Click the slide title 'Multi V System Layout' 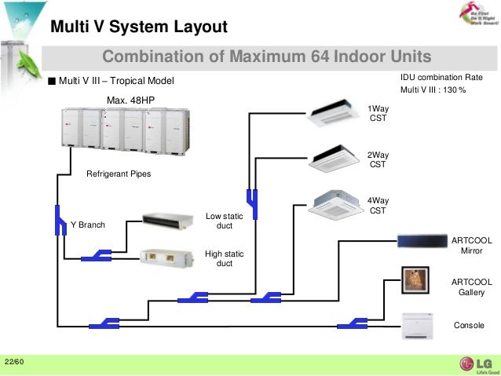coord(139,27)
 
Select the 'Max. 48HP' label coord(130,100)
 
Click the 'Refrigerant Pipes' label coord(118,173)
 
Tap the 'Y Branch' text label coord(88,225)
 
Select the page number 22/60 coord(14,362)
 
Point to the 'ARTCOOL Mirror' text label coord(472,245)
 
